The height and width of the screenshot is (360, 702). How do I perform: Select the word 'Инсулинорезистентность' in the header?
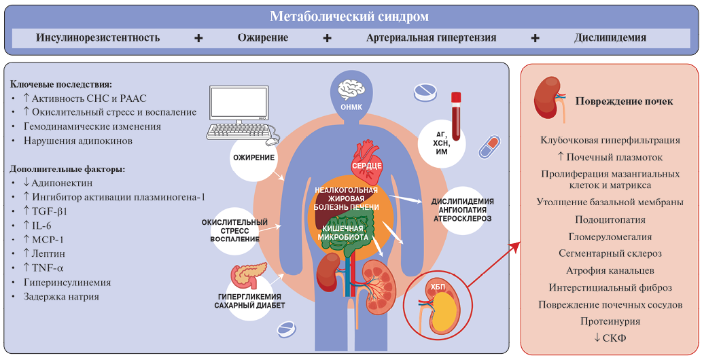coord(98,38)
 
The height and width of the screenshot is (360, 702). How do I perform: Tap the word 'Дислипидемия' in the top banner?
coord(610,38)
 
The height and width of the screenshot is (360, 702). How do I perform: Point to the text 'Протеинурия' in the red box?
coord(609,321)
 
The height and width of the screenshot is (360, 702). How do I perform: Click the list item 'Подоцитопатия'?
coord(610,220)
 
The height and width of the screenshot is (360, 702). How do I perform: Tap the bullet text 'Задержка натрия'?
coord(60,296)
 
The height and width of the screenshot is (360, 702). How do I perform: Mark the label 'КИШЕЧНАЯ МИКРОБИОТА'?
coord(346,232)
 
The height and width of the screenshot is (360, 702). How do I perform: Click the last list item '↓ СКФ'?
coord(610,338)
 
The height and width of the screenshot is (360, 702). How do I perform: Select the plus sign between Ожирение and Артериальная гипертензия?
coord(327,38)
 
